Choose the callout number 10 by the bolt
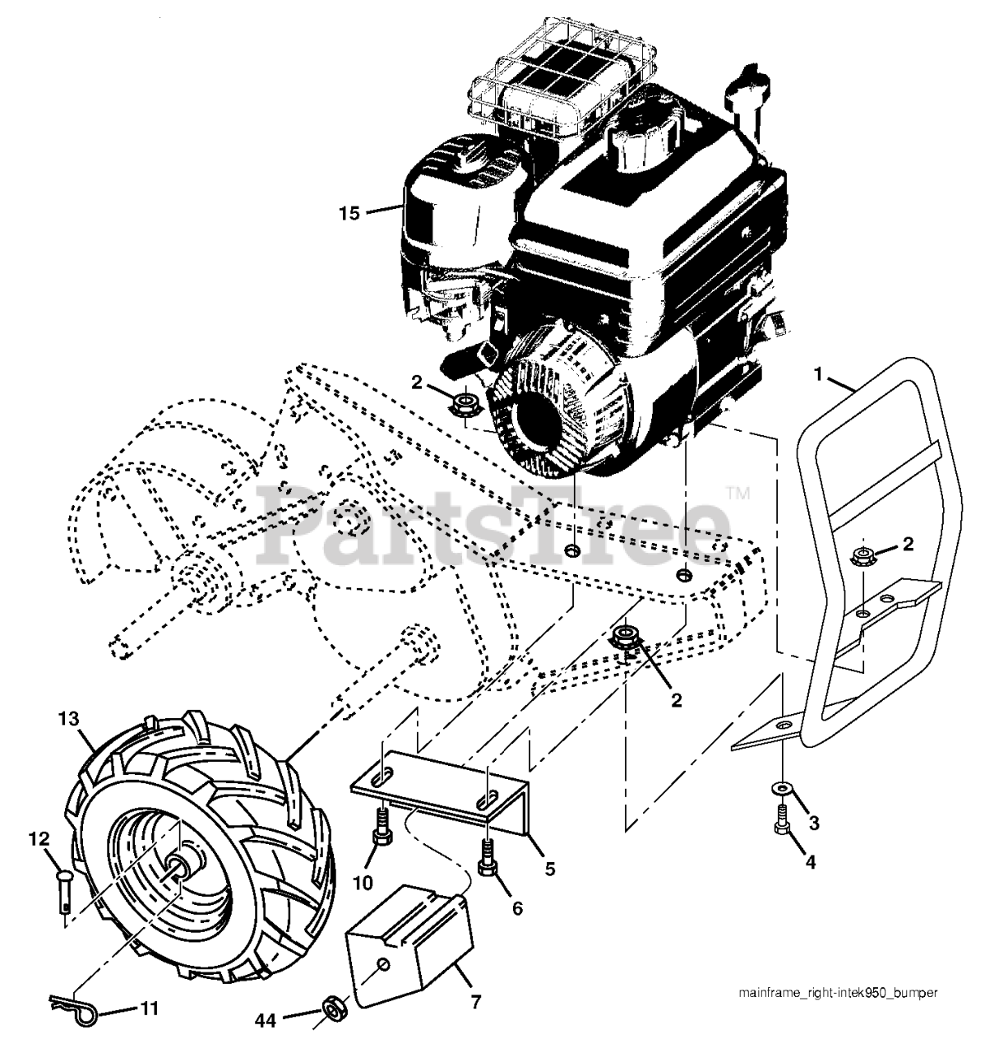pyautogui.click(x=362, y=883)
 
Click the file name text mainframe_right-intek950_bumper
pyautogui.click(x=826, y=993)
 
